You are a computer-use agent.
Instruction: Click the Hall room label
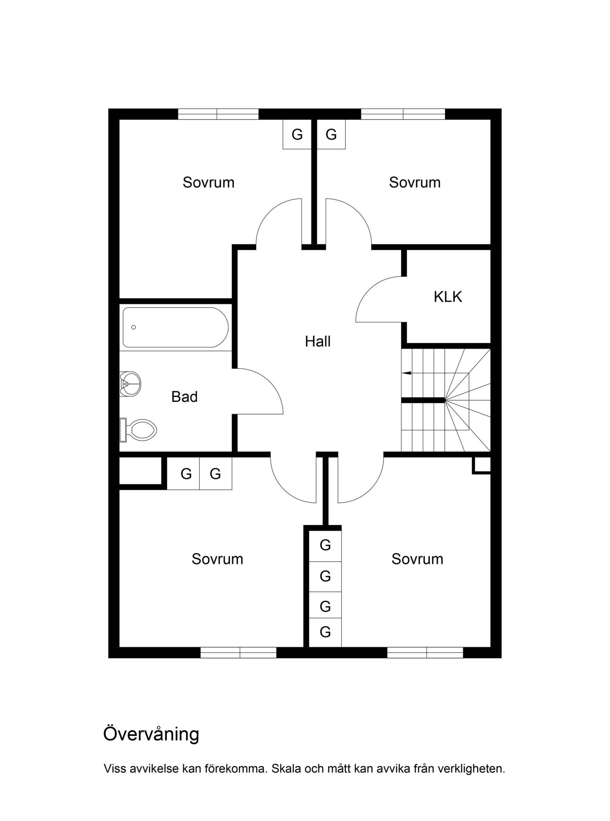[318, 341]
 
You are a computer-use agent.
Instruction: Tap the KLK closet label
[448, 297]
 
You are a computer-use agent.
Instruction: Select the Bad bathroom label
[184, 397]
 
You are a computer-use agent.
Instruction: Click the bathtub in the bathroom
[175, 327]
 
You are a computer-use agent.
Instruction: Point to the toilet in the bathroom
[139, 430]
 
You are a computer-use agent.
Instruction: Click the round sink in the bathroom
[130, 384]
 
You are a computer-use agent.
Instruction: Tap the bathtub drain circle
[134, 327]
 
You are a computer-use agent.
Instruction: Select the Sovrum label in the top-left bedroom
[208, 182]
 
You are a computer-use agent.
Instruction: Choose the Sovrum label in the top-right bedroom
[415, 182]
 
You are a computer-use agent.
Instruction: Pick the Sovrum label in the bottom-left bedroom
[217, 559]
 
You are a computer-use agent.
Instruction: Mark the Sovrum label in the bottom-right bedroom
[417, 559]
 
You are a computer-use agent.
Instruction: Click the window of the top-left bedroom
[218, 114]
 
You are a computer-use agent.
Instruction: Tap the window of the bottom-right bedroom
[425, 653]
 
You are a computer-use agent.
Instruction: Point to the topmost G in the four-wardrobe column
[325, 545]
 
